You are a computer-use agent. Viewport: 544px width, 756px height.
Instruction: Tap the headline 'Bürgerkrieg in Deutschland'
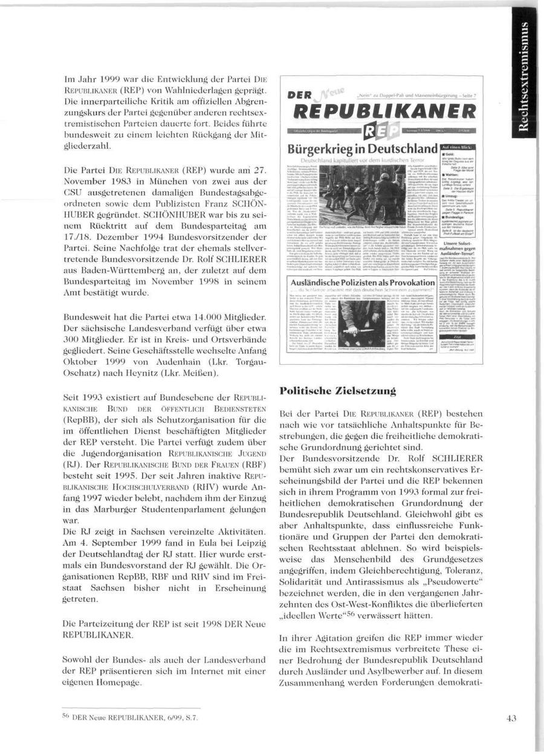click(x=363, y=149)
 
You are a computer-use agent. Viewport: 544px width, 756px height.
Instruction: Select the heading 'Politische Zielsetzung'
click(x=338, y=391)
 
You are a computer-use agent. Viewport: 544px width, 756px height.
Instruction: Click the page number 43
click(x=511, y=719)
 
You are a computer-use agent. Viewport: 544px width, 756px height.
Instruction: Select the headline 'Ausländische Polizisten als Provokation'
click(x=363, y=283)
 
